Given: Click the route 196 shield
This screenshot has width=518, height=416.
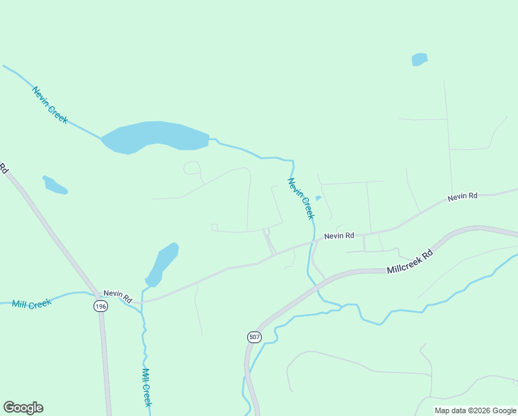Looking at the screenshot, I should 101,306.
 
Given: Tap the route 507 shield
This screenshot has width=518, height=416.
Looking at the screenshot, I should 253,336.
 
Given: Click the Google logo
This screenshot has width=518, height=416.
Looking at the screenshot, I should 23,408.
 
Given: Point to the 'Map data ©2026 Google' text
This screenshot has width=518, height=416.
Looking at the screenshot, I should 475,410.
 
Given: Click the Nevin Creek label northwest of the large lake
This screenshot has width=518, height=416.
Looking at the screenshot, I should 50,104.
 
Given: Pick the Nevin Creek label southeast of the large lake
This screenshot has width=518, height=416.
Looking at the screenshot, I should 301,199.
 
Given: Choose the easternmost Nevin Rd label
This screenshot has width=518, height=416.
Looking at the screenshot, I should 463,197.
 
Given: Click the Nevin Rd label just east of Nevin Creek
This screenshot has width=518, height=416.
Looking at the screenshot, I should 339,236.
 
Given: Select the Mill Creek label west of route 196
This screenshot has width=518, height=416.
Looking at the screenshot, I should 32,304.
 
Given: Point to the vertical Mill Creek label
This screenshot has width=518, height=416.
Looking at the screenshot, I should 147,385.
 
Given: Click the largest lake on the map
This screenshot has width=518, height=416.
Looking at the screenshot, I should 155,137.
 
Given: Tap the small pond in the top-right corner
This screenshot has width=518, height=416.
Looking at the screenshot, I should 420,60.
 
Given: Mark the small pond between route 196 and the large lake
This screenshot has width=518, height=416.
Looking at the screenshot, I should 55,185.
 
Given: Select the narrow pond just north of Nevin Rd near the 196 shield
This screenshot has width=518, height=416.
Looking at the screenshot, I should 163,264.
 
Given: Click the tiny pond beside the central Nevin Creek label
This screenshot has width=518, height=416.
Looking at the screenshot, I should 318,198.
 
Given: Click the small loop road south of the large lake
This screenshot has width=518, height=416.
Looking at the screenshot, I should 192,168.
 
